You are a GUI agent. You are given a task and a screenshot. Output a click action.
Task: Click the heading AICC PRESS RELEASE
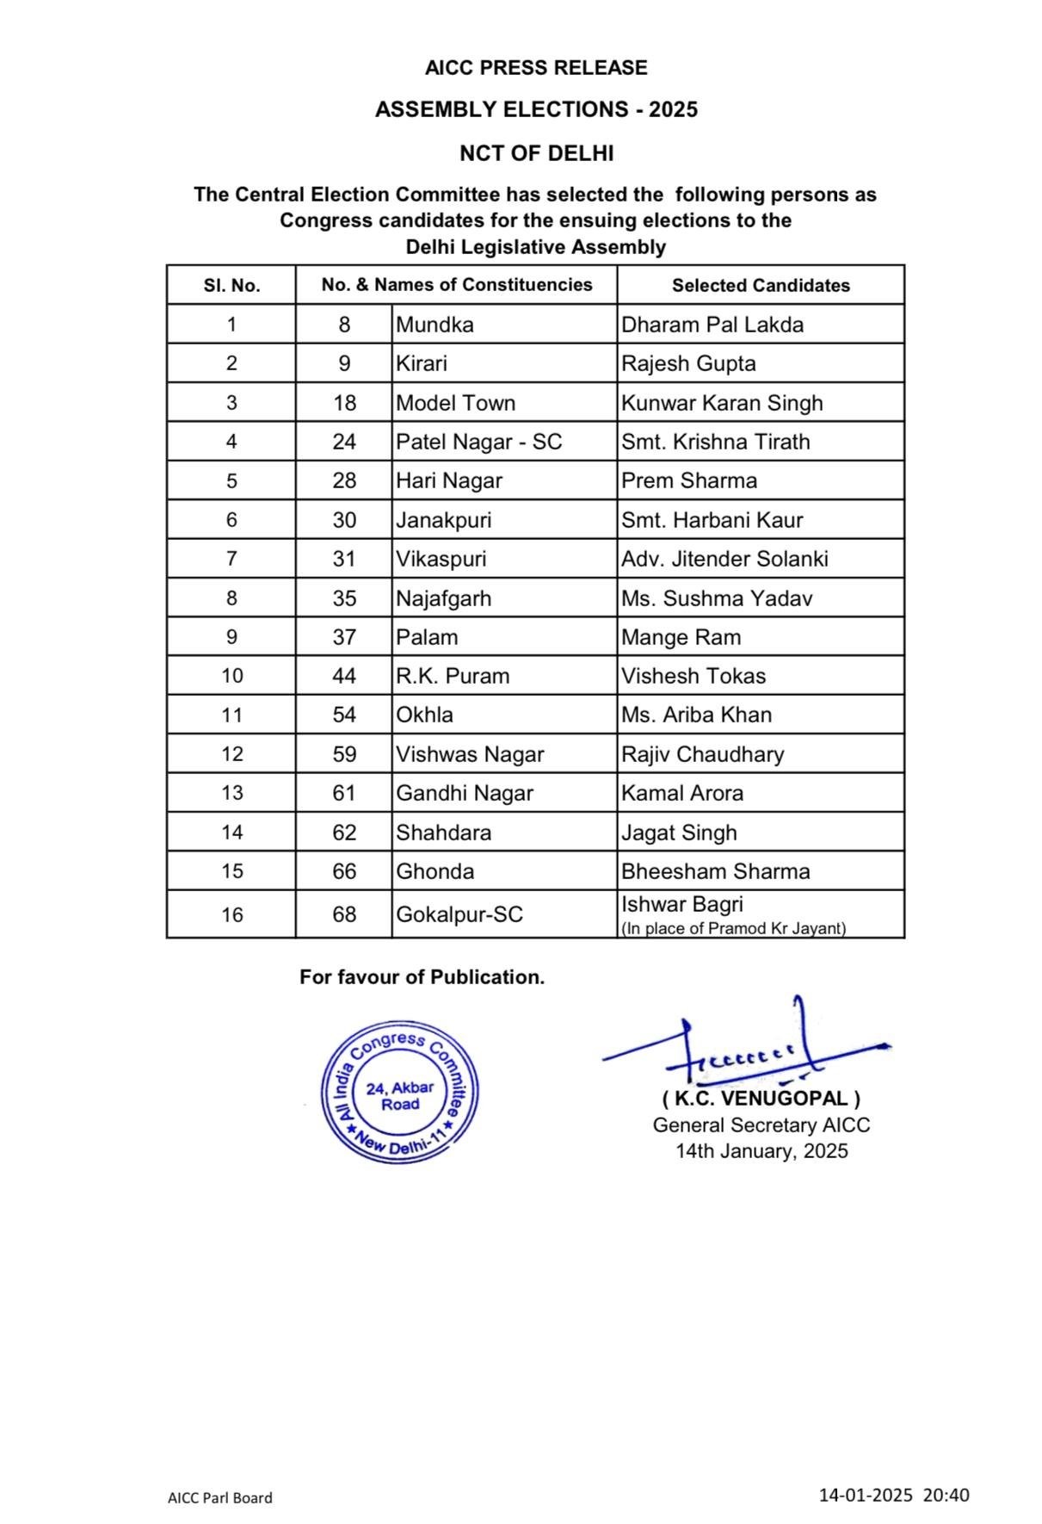click(535, 68)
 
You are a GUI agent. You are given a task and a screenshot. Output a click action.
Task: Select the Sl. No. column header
click(231, 286)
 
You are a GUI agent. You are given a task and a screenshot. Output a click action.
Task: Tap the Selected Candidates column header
click(761, 286)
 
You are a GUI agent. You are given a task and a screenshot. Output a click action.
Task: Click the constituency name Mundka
click(435, 325)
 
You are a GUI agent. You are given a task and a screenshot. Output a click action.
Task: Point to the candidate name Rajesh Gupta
click(688, 363)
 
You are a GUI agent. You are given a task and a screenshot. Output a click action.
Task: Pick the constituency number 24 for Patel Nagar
click(344, 442)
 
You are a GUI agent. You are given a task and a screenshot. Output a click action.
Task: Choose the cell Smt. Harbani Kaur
click(712, 520)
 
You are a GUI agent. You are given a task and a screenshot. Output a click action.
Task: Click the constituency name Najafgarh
click(443, 598)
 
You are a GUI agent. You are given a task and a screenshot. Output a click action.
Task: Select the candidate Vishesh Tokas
click(694, 676)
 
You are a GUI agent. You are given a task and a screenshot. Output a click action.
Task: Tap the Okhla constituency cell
click(424, 715)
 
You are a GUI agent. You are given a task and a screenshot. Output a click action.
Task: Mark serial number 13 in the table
click(232, 793)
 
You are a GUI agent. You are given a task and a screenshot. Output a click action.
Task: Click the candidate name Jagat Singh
click(679, 833)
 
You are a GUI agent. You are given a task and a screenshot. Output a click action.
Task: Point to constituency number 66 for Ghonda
click(344, 871)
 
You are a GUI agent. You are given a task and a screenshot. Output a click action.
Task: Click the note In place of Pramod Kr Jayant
click(733, 929)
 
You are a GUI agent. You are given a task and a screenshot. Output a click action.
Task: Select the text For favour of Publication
click(422, 977)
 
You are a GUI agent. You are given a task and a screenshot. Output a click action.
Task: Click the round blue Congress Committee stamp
click(400, 1092)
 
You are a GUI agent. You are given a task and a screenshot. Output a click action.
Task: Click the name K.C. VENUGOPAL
click(761, 1099)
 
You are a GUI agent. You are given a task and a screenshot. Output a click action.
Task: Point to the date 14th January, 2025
click(761, 1151)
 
